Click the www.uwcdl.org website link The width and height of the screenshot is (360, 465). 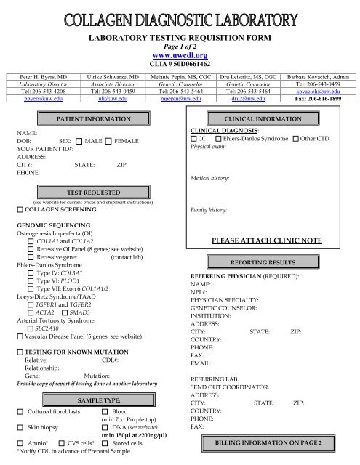point(179,54)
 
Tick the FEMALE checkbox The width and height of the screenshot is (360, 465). point(109,139)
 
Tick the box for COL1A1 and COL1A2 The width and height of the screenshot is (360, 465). point(30,241)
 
